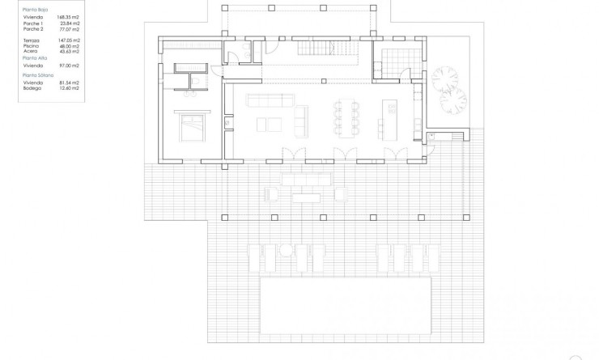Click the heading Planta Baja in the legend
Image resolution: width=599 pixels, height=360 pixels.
[36, 10]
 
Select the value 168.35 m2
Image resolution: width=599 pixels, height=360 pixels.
[70, 18]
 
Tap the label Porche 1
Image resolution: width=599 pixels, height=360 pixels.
[32, 23]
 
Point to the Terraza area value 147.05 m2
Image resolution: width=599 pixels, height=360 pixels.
[70, 39]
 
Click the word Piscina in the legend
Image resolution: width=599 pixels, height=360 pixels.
[32, 44]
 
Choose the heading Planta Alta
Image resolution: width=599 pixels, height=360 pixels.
[35, 58]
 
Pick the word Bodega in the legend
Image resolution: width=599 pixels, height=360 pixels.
[32, 87]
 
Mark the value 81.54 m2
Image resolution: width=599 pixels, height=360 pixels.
[70, 82]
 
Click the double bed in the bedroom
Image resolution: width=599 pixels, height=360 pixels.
[191, 125]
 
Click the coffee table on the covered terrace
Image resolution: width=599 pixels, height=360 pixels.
[307, 195]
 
